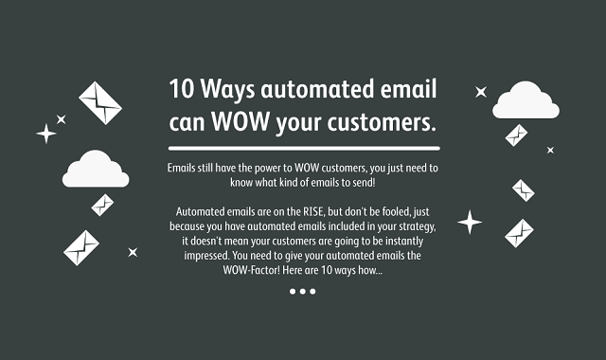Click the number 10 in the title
pyautogui.click(x=182, y=90)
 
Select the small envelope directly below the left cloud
pyautogui.click(x=102, y=204)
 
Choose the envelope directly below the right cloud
pyautogui.click(x=517, y=136)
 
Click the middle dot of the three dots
pyautogui.click(x=303, y=291)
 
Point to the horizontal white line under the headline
pyautogui.click(x=303, y=149)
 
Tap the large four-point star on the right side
pyautogui.click(x=470, y=223)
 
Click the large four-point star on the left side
pyautogui.click(x=45, y=133)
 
